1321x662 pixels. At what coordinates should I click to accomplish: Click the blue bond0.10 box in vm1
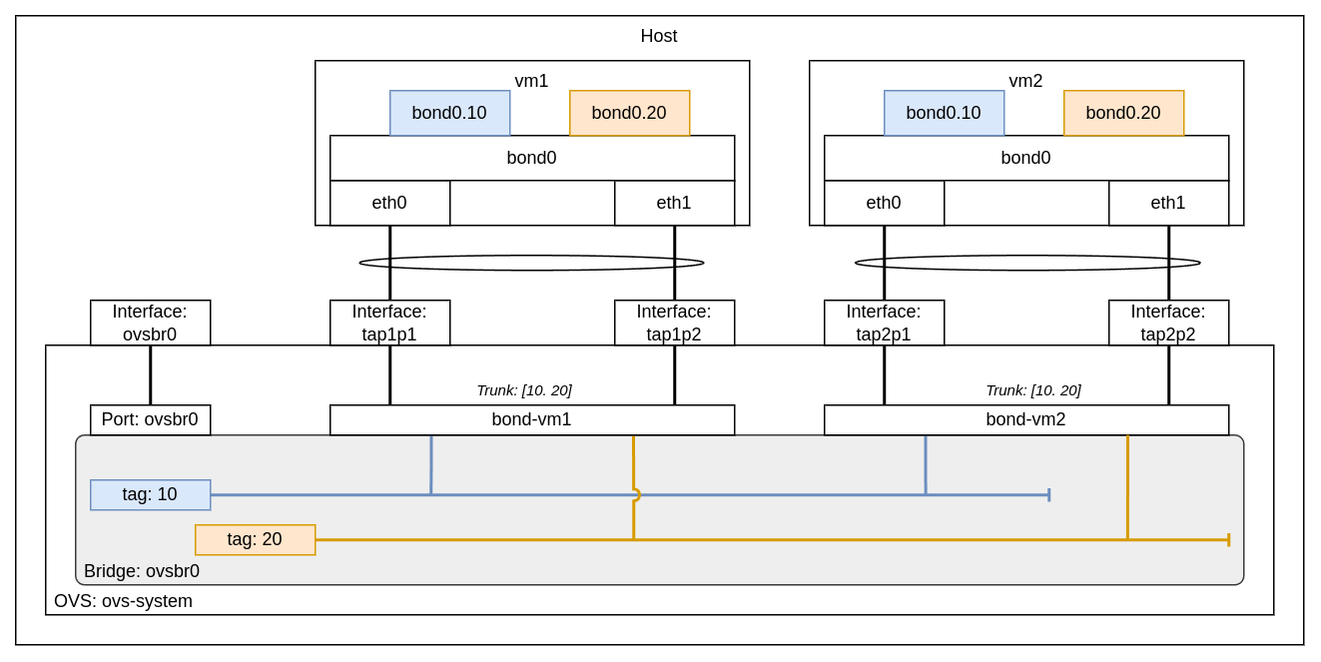point(449,113)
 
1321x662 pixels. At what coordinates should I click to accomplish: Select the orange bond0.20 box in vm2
point(1123,113)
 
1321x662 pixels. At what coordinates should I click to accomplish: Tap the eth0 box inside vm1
point(389,203)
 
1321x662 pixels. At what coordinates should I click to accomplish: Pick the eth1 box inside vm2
point(1168,203)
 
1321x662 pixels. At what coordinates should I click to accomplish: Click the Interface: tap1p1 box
point(389,323)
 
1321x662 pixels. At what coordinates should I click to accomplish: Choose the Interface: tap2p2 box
point(1168,323)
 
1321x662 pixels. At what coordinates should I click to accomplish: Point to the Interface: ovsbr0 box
point(150,323)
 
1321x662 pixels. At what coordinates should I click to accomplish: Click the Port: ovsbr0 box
point(150,419)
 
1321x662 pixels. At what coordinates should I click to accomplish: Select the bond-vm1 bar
point(531,419)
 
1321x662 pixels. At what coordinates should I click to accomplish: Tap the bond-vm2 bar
point(1025,419)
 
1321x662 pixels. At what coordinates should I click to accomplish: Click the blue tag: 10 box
point(150,494)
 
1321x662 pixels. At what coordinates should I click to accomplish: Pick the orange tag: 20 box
point(255,539)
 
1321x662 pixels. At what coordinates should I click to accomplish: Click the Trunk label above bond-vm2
point(1032,390)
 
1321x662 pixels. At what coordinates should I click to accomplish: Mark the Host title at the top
point(659,36)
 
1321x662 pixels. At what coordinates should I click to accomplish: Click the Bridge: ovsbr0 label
point(142,571)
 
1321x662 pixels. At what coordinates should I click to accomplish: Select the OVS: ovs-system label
point(123,601)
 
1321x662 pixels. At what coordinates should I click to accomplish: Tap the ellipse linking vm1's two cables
point(531,263)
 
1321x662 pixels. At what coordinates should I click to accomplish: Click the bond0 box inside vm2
point(1025,158)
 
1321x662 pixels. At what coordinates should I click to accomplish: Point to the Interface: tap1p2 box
point(674,323)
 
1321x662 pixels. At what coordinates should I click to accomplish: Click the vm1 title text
point(531,81)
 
